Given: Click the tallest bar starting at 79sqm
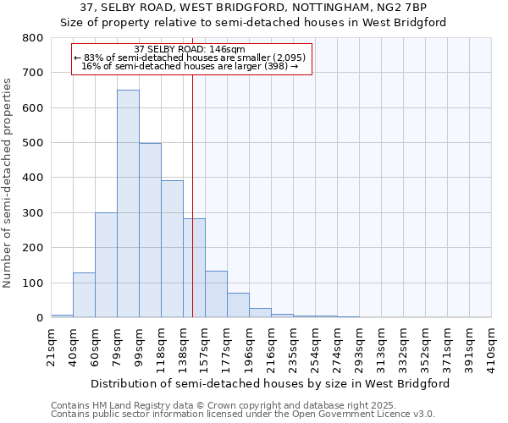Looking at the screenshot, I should tap(128, 203).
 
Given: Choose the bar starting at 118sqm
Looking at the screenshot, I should tap(172, 249).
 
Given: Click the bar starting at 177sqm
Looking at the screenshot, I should tap(238, 305).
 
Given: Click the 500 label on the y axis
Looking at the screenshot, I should tap(33, 143).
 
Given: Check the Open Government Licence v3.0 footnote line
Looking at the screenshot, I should tap(243, 415).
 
